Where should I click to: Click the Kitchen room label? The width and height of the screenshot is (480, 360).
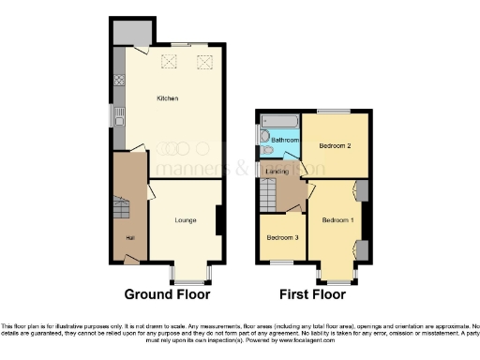[x=168, y=98]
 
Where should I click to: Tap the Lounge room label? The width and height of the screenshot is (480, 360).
[x=185, y=221]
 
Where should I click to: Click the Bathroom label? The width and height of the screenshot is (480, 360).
[x=284, y=140]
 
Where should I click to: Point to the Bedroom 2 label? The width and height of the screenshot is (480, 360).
[x=334, y=147]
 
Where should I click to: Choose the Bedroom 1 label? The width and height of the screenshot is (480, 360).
[x=337, y=219]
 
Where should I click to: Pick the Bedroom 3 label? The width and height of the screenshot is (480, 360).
[x=282, y=238]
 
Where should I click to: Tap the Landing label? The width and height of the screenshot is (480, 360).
[x=277, y=172]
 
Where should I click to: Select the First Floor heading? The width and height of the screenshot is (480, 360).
[x=312, y=294]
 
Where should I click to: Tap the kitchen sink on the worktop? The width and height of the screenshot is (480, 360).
[x=119, y=116]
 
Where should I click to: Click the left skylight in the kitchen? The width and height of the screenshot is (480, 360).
[x=170, y=62]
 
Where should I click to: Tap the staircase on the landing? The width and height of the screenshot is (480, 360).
[x=268, y=197]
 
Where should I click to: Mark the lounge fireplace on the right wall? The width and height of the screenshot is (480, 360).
[x=218, y=221]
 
